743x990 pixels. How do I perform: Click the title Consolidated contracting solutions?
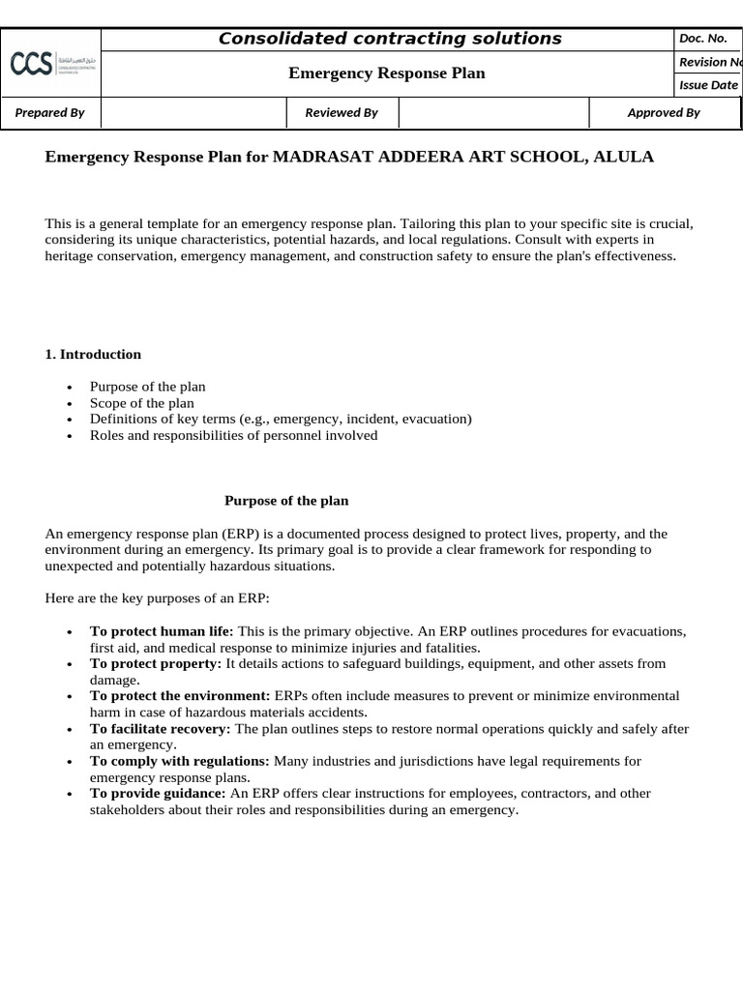click(x=389, y=39)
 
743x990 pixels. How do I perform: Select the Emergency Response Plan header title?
click(x=388, y=73)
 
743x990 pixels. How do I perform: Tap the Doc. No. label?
click(x=703, y=39)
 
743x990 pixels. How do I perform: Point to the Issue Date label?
click(x=708, y=85)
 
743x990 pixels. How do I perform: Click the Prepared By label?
click(x=50, y=113)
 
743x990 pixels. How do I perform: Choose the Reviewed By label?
click(x=342, y=113)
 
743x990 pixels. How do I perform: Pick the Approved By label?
click(x=664, y=113)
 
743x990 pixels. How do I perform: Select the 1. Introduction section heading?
click(x=93, y=354)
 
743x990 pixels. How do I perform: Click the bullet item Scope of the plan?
click(x=141, y=403)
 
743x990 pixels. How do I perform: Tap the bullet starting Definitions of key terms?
click(x=281, y=419)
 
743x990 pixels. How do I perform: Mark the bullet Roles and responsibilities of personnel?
click(x=233, y=435)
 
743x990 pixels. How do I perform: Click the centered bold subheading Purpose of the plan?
click(x=286, y=501)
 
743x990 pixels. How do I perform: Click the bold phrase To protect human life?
click(x=162, y=631)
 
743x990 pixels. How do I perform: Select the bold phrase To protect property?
click(x=156, y=664)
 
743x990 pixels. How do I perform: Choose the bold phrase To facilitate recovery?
click(x=161, y=729)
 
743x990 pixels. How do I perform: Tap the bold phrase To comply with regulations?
click(x=180, y=761)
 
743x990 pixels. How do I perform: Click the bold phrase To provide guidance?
click(x=158, y=794)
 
